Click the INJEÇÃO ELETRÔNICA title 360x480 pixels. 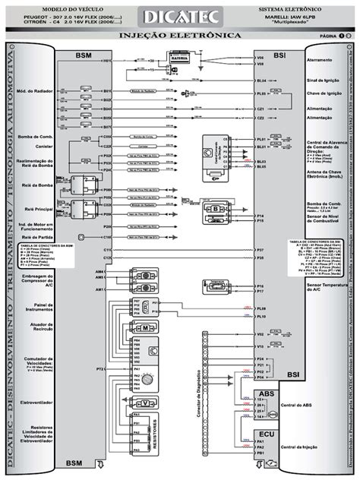click(x=180, y=36)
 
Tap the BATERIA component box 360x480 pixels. click(x=179, y=58)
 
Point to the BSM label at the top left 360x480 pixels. click(x=84, y=55)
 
